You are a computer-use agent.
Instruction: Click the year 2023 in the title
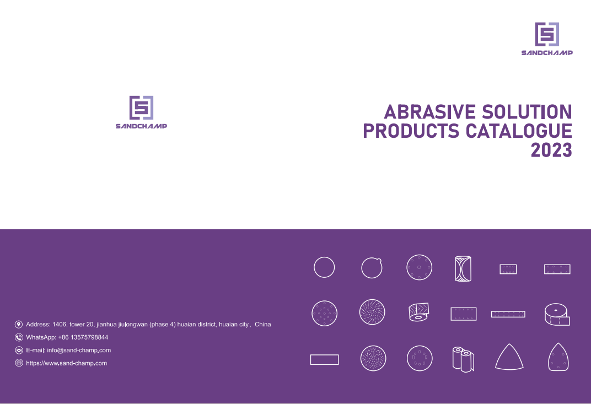pyautogui.click(x=551, y=150)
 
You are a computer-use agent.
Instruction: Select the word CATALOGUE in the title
pyautogui.click(x=519, y=131)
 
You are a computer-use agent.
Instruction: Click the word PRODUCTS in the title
pyautogui.click(x=411, y=131)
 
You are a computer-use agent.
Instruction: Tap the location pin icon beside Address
pyautogui.click(x=19, y=325)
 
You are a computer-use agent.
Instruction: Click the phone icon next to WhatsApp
pyautogui.click(x=19, y=337)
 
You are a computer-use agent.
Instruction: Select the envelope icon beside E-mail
pyautogui.click(x=19, y=350)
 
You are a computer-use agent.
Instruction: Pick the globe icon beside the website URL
pyautogui.click(x=19, y=363)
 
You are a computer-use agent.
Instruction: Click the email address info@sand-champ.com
pyautogui.click(x=79, y=350)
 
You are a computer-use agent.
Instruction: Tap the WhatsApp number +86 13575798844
pyautogui.click(x=83, y=337)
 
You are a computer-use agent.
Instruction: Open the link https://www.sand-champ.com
pyautogui.click(x=66, y=363)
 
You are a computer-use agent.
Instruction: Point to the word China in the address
pyautogui.click(x=263, y=324)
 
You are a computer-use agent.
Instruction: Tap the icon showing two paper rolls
pyautogui.click(x=463, y=359)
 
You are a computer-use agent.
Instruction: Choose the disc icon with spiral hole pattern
pyautogui.click(x=372, y=312)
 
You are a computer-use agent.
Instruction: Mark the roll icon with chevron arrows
pyautogui.click(x=419, y=312)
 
